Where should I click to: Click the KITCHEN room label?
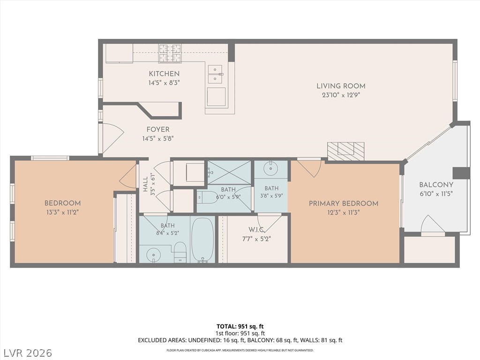[164, 74]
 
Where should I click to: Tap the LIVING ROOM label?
[341, 86]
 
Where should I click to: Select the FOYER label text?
[158, 129]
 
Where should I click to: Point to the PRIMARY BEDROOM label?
[344, 203]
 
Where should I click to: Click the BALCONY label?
[436, 185]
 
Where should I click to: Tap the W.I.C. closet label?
[256, 230]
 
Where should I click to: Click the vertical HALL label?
[145, 184]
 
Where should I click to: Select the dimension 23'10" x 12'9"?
[341, 95]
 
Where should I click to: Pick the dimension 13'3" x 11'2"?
[63, 212]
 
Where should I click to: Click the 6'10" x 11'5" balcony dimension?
[436, 194]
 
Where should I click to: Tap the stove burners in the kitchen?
[170, 53]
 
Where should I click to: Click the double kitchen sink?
[216, 74]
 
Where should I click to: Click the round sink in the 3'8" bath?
[271, 168]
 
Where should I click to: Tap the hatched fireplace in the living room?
[345, 151]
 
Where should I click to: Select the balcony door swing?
[433, 225]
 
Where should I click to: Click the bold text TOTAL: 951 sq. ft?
[240, 326]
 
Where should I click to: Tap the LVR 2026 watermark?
[26, 353]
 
